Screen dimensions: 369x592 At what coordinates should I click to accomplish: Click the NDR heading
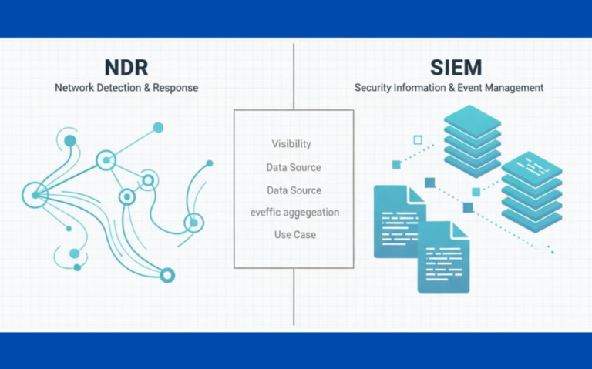(x=126, y=67)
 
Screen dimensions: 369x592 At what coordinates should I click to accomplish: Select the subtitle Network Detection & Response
(x=126, y=88)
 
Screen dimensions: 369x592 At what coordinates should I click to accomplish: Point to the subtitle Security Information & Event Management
(x=449, y=88)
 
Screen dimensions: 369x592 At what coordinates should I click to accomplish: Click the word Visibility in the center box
(x=291, y=144)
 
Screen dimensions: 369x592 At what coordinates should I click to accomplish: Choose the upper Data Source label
(x=294, y=167)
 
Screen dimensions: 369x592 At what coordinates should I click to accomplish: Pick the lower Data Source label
(x=294, y=190)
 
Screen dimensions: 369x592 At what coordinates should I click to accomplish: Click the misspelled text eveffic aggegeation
(x=294, y=212)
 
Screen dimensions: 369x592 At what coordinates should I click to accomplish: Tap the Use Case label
(x=294, y=234)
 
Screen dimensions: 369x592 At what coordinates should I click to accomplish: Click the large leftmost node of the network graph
(x=35, y=195)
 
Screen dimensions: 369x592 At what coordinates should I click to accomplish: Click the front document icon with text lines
(x=443, y=257)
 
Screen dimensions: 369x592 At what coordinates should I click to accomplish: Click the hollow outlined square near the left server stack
(x=418, y=140)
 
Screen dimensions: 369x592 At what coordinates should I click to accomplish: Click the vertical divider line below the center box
(x=294, y=297)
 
